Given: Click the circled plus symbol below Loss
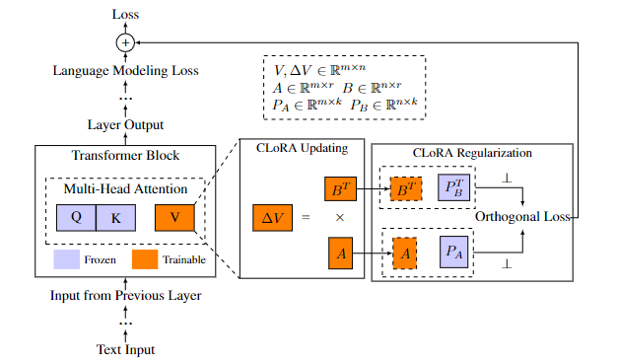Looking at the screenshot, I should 124,42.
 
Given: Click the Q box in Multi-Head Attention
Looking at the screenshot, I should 76,218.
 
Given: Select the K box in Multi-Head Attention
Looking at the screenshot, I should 115,218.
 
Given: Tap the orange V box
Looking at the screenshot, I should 174,218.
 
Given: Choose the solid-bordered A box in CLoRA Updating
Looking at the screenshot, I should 340,253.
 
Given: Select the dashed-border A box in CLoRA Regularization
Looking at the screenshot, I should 404,253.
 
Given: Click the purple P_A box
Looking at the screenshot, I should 453,253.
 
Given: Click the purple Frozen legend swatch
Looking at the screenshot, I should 68,261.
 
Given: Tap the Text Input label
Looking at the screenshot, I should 124,349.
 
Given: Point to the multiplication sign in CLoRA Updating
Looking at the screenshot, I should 339,217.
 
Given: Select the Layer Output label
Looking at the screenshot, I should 124,125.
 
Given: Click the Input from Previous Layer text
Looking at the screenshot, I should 124,296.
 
